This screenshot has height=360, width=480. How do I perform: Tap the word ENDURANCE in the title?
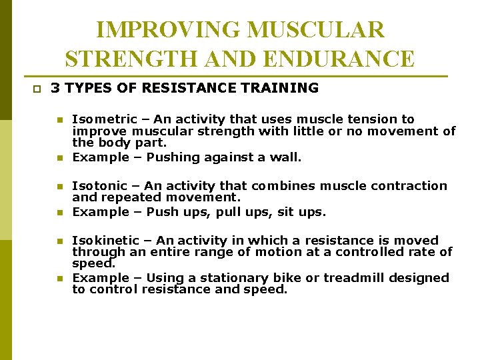pyautogui.click(x=339, y=59)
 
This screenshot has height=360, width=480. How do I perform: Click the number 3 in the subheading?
pyautogui.click(x=55, y=88)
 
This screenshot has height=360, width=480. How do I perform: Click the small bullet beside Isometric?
pyautogui.click(x=59, y=120)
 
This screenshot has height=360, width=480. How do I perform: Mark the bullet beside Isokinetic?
pyautogui.click(x=59, y=241)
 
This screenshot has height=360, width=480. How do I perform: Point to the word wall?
pyautogui.click(x=289, y=158)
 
